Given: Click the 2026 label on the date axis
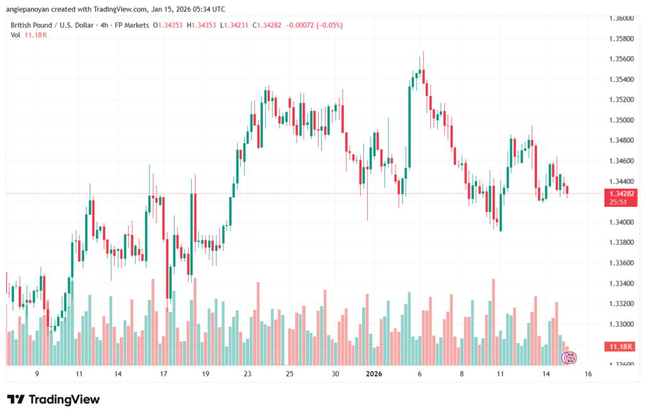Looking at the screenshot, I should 374,373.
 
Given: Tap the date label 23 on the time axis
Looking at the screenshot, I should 248,373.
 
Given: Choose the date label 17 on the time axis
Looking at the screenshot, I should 163,373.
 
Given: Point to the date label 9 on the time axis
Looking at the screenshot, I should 37,373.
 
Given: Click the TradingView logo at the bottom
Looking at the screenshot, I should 54,399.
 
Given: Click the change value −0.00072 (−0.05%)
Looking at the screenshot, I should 315,25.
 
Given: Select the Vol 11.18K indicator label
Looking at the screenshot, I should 29,35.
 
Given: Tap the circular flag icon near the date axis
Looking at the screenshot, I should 569,358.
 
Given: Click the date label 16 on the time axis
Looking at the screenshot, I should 587,373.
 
